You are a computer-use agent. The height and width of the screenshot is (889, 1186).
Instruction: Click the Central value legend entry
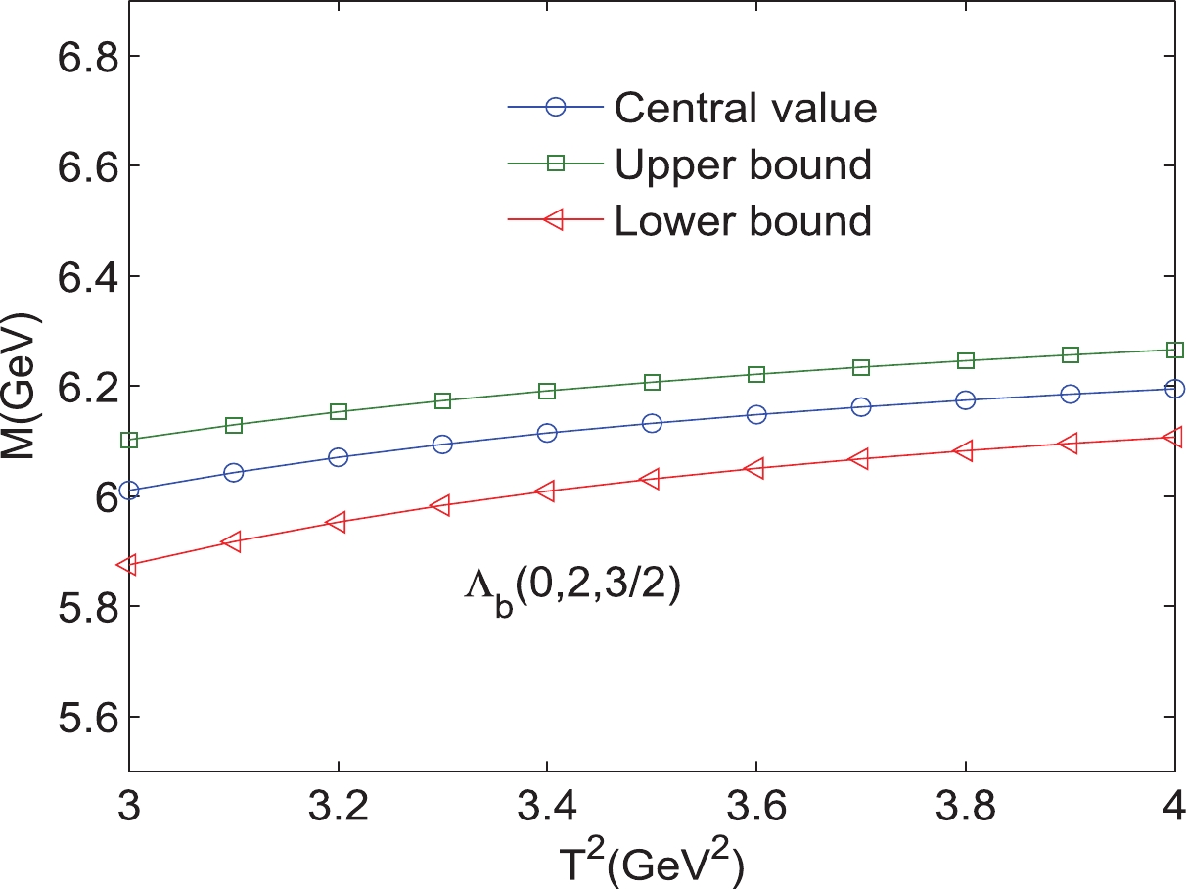click(x=745, y=108)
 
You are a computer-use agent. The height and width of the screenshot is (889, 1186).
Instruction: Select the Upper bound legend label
click(x=742, y=164)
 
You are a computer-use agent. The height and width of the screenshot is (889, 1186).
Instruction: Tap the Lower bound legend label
click(x=742, y=221)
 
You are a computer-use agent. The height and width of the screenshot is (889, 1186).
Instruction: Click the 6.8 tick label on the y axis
click(x=82, y=56)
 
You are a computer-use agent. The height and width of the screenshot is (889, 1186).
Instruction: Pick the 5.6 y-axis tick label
click(x=82, y=717)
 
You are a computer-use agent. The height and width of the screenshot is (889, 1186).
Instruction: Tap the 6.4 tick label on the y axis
click(x=82, y=276)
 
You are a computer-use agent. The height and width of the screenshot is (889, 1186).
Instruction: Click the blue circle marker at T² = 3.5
click(x=652, y=423)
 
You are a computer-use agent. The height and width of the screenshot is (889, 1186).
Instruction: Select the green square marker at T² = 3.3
click(x=442, y=400)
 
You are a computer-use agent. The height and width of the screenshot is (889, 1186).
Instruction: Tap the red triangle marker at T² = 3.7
click(x=860, y=458)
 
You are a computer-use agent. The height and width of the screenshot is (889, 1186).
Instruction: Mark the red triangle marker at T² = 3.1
click(x=233, y=541)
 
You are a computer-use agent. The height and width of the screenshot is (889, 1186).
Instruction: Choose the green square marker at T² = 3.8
click(x=966, y=360)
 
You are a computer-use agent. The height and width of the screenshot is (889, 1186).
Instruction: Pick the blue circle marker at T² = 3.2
click(x=339, y=457)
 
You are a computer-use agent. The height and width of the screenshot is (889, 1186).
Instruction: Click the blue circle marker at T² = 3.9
click(x=1070, y=394)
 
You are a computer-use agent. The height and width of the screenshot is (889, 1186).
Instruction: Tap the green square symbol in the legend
click(x=556, y=164)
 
